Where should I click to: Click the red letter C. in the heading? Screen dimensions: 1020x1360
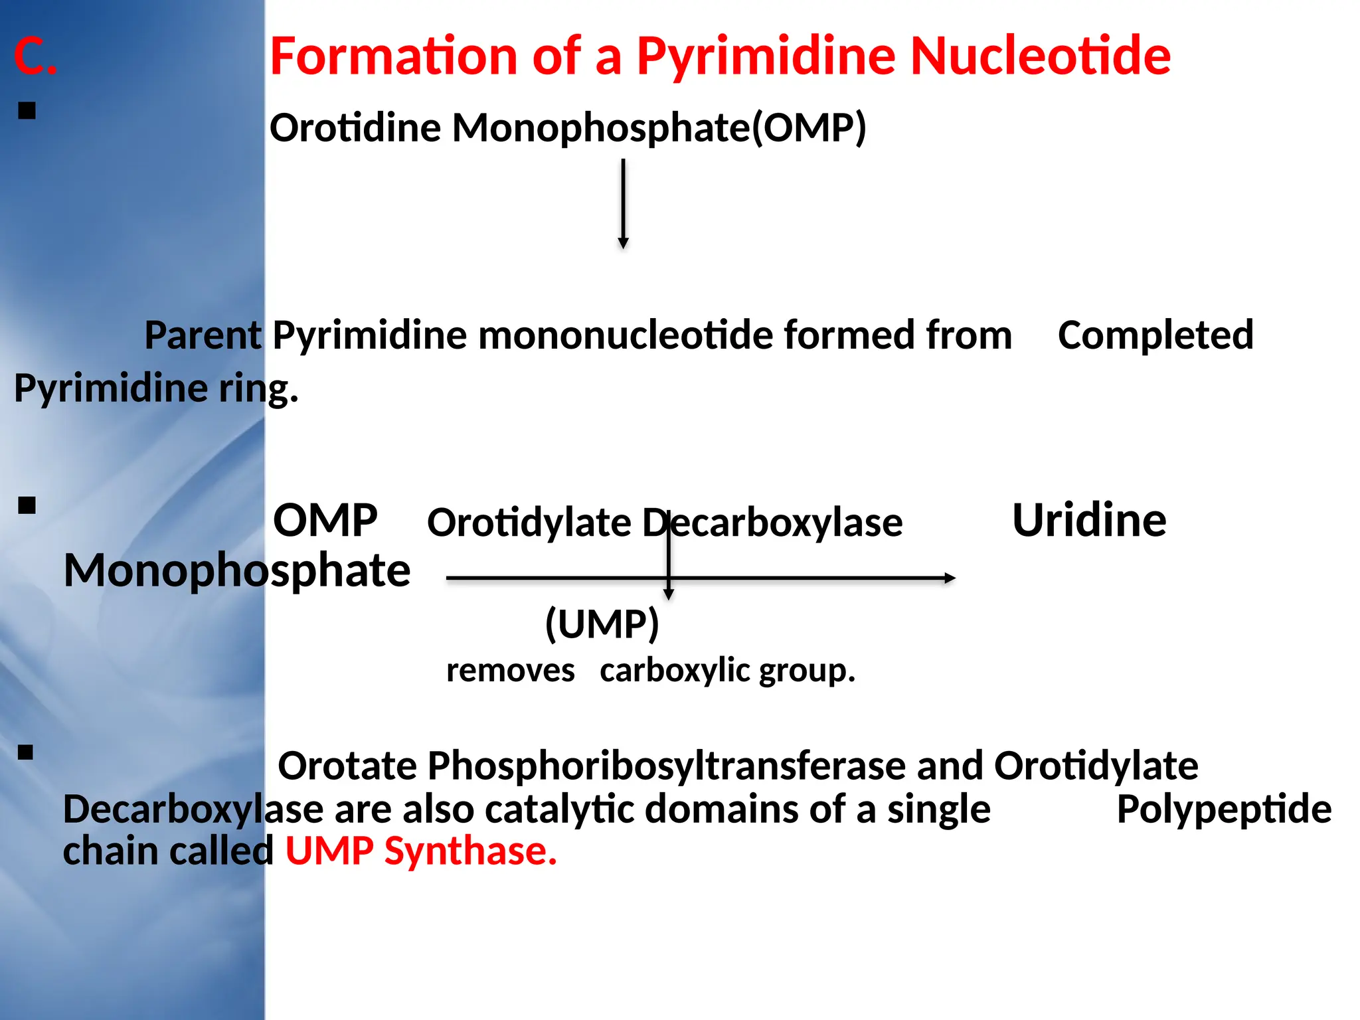tap(35, 56)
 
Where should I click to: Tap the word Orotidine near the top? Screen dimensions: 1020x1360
tap(355, 127)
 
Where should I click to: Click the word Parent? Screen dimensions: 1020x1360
tap(203, 335)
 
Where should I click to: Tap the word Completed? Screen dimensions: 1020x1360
tap(1155, 335)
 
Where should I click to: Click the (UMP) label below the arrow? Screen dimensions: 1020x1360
tap(602, 624)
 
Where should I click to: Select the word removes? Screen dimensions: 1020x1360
tap(510, 671)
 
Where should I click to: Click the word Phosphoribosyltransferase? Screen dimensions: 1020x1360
tap(666, 766)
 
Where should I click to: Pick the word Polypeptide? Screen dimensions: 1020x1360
tap(1224, 809)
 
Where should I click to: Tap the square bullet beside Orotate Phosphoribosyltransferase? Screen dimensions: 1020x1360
tap(26, 752)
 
